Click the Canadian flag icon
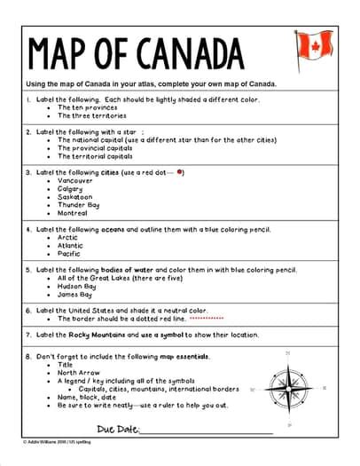tap(314, 45)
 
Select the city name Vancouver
tap(75, 181)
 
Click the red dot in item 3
tap(181, 171)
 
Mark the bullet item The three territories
tap(91, 115)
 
